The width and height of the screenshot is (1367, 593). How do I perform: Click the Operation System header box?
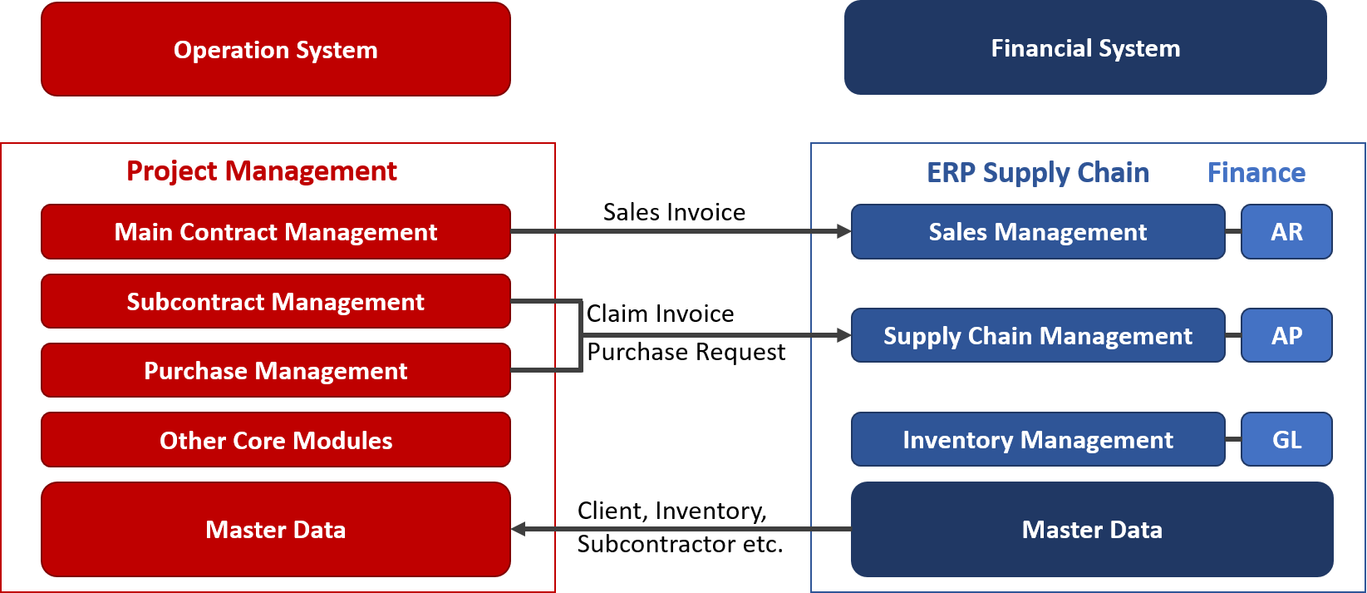click(276, 49)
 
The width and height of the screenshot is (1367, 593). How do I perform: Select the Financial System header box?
click(1085, 47)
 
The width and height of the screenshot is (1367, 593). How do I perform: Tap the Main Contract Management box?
click(276, 231)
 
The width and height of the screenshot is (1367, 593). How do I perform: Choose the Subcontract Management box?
click(276, 301)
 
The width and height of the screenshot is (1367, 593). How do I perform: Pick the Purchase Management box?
click(276, 370)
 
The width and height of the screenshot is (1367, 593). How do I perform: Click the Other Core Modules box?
click(276, 440)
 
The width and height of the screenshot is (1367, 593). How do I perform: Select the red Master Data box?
click(276, 530)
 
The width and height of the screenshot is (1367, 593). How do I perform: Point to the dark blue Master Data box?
click(1092, 530)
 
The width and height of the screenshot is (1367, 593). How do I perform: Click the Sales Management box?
click(1038, 231)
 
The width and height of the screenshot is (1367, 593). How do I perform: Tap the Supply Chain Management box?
click(1038, 335)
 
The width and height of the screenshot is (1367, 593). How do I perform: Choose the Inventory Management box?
click(1038, 439)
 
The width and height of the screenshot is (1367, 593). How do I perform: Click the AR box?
click(1286, 231)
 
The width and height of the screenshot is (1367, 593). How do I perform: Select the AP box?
click(1286, 335)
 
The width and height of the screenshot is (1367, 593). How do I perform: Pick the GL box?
click(1286, 439)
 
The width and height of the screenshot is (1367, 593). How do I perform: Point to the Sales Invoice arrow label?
click(674, 212)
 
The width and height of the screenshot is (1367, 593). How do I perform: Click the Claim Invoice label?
click(661, 314)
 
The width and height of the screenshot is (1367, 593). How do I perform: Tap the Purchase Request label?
click(686, 353)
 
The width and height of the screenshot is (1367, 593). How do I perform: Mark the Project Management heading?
click(261, 171)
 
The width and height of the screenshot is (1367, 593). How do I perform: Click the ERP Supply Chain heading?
click(1037, 173)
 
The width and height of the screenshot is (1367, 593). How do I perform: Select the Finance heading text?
click(1256, 173)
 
